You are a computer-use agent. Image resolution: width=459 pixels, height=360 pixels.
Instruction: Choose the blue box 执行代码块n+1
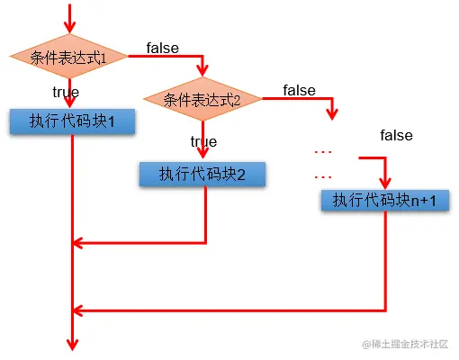[384, 199]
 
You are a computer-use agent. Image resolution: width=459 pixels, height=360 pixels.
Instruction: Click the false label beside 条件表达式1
[162, 47]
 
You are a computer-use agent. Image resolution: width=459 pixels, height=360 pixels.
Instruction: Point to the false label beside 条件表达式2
[299, 90]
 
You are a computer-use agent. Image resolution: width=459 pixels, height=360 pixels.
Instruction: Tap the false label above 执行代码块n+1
[396, 136]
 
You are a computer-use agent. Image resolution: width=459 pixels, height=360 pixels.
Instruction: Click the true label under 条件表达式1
[65, 92]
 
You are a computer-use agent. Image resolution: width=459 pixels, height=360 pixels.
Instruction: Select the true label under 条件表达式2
[203, 141]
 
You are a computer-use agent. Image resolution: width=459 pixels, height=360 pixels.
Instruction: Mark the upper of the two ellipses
[323, 149]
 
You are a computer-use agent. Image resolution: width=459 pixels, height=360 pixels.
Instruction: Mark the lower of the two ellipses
[323, 176]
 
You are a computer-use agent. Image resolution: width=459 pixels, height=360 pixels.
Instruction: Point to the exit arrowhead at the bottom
[70, 345]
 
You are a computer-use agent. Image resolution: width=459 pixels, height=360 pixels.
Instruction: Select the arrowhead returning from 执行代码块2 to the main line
[78, 242]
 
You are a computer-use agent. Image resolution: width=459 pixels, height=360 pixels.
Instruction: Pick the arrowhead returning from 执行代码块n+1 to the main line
[78, 310]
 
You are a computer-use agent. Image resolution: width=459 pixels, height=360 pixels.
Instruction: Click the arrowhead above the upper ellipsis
[334, 114]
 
